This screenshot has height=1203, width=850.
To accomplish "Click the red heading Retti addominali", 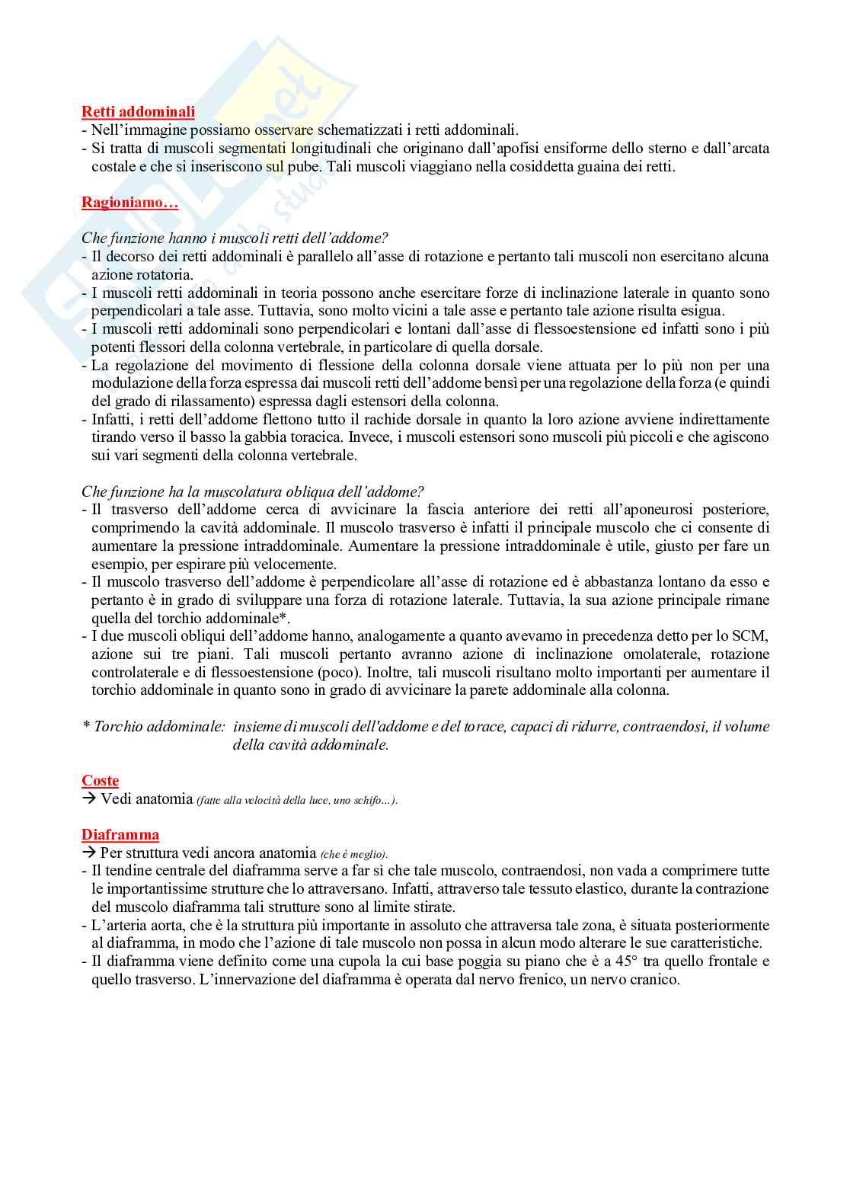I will (x=138, y=112).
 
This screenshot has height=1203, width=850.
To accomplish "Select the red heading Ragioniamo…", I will (x=129, y=203).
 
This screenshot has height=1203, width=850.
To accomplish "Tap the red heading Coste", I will (x=101, y=781).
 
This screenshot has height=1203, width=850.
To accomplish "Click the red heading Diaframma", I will (x=120, y=835).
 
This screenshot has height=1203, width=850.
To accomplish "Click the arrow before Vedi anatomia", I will (x=89, y=799).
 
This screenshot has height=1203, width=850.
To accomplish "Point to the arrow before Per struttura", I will (x=89, y=853).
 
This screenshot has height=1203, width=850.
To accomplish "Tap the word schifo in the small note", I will (x=368, y=801).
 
